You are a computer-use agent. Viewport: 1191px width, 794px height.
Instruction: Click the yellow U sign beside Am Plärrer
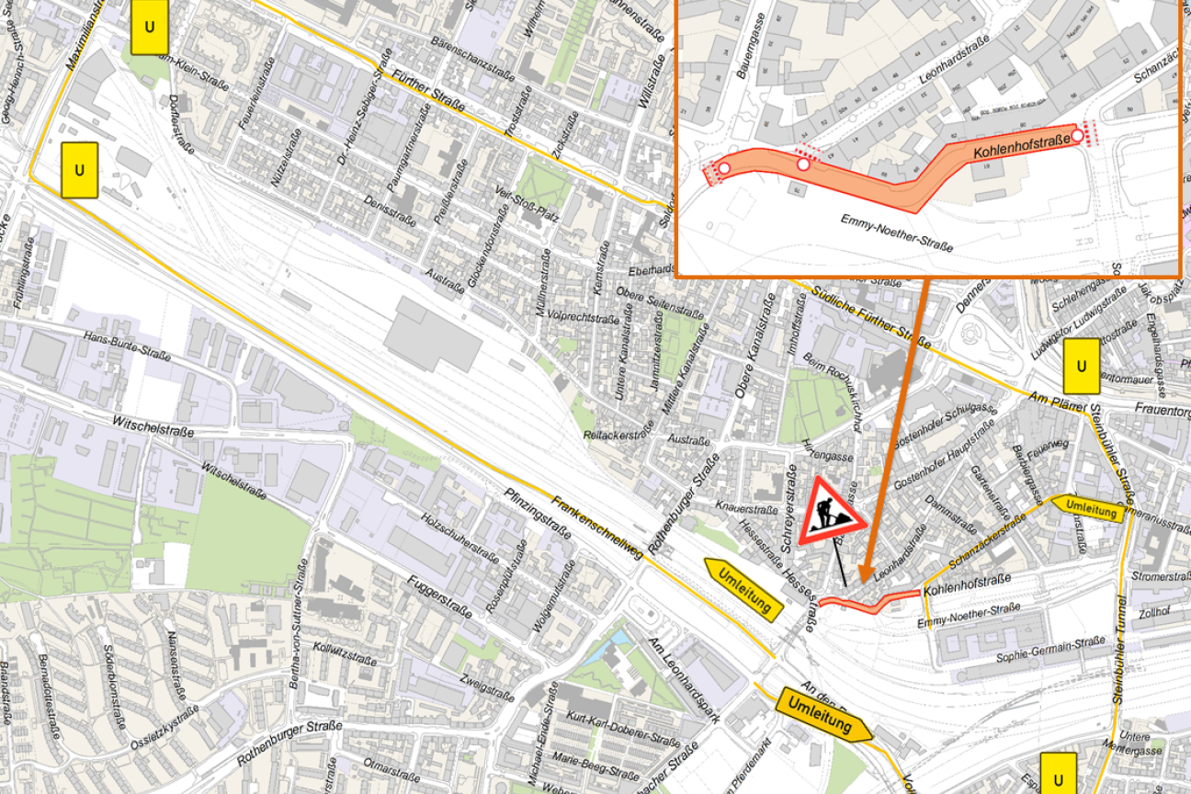[x=1081, y=366]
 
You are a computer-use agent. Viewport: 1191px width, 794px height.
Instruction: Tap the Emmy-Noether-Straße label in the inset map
[x=896, y=233]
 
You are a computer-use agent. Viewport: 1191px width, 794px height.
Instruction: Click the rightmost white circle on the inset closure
[x=1077, y=135]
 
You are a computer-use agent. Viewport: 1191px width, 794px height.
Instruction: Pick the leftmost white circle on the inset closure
[x=724, y=168]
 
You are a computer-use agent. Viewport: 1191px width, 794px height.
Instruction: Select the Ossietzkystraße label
[x=164, y=728]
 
